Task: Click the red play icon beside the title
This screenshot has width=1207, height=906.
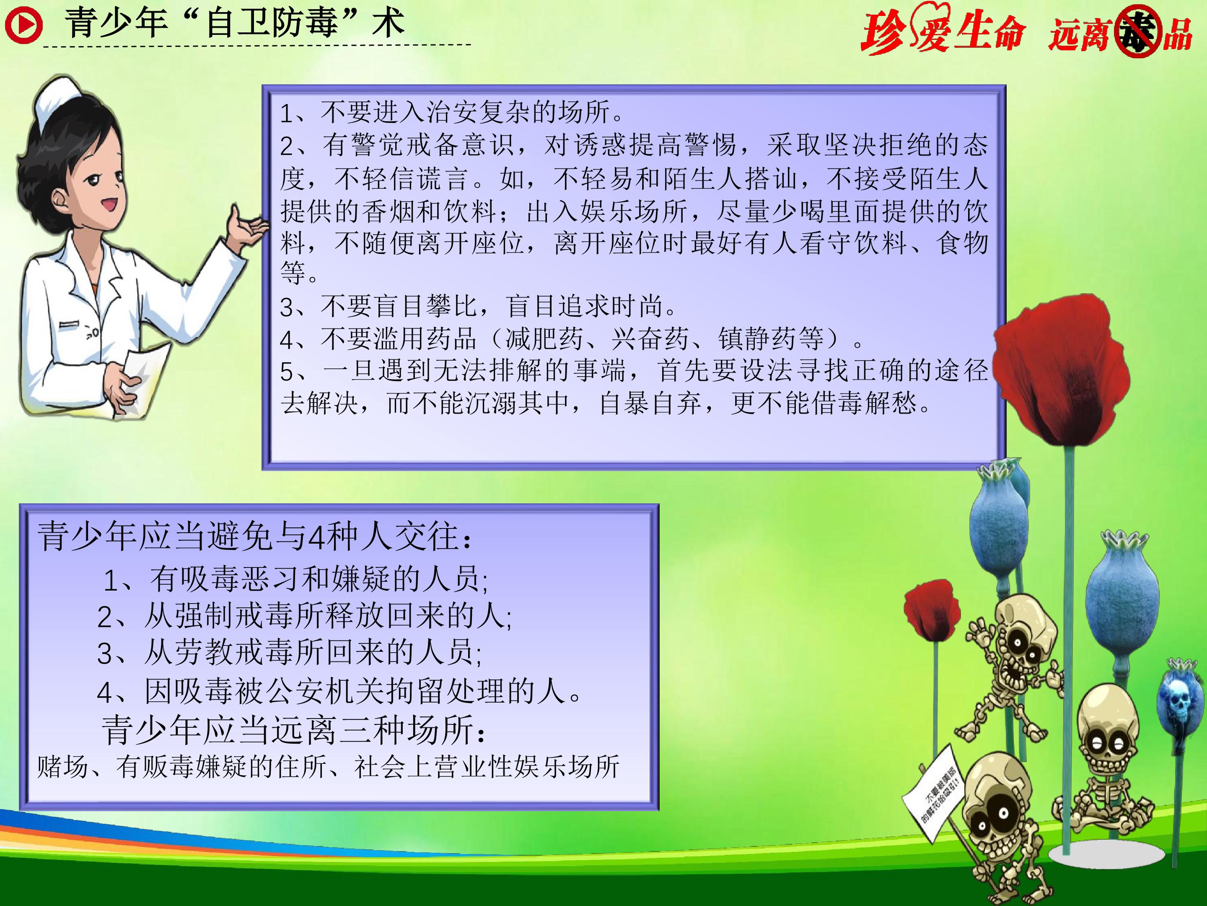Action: [23, 25]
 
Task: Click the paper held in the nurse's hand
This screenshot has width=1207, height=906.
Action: [143, 377]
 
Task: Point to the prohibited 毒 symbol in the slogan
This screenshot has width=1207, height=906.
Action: [1137, 33]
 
